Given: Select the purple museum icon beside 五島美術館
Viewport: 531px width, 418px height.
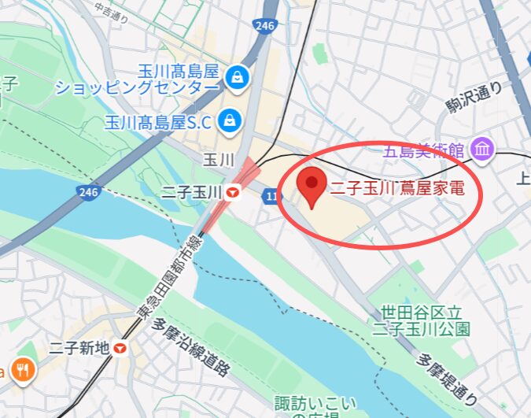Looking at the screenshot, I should click(x=482, y=147).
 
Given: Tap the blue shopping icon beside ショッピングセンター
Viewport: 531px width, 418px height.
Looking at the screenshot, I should click(x=235, y=76).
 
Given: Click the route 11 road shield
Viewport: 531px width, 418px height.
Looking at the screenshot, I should click(x=272, y=195).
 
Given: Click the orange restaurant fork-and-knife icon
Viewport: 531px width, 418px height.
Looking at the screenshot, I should click(x=24, y=369).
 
